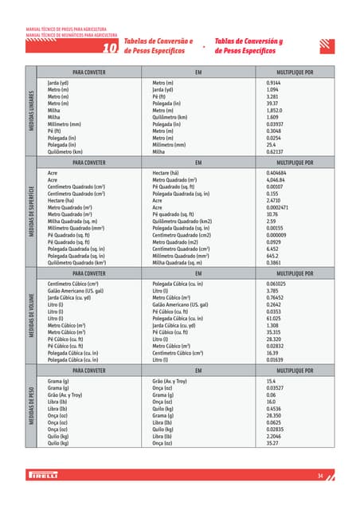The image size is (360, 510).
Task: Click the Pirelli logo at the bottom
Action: pos(46,476)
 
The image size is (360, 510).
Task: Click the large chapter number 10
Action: pos(111,48)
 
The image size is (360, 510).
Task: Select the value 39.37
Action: pos(272,104)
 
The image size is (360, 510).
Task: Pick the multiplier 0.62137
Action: pos(276,151)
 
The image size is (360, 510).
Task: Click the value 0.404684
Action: pos(277,172)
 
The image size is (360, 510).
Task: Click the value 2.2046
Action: pos(275,437)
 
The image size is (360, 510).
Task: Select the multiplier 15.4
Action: pos(271,382)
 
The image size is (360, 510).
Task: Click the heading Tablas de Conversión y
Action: pos(248,41)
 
